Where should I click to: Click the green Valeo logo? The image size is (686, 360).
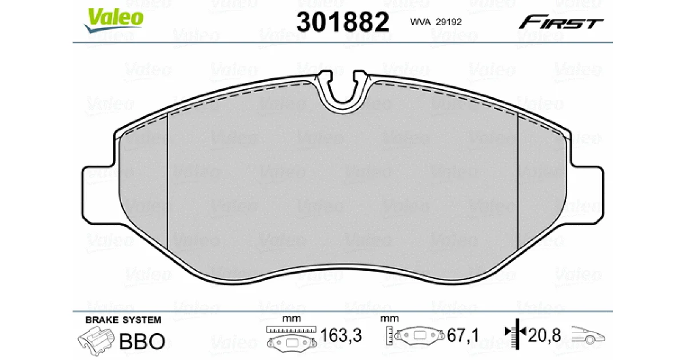click(114, 19)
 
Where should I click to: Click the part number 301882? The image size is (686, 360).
click(342, 22)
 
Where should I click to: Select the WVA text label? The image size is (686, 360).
click(421, 22)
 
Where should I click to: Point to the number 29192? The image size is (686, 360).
click(449, 22)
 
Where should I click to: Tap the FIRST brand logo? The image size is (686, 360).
click(561, 22)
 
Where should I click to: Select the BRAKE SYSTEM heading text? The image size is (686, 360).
click(123, 320)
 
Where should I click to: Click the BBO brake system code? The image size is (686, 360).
click(142, 341)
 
